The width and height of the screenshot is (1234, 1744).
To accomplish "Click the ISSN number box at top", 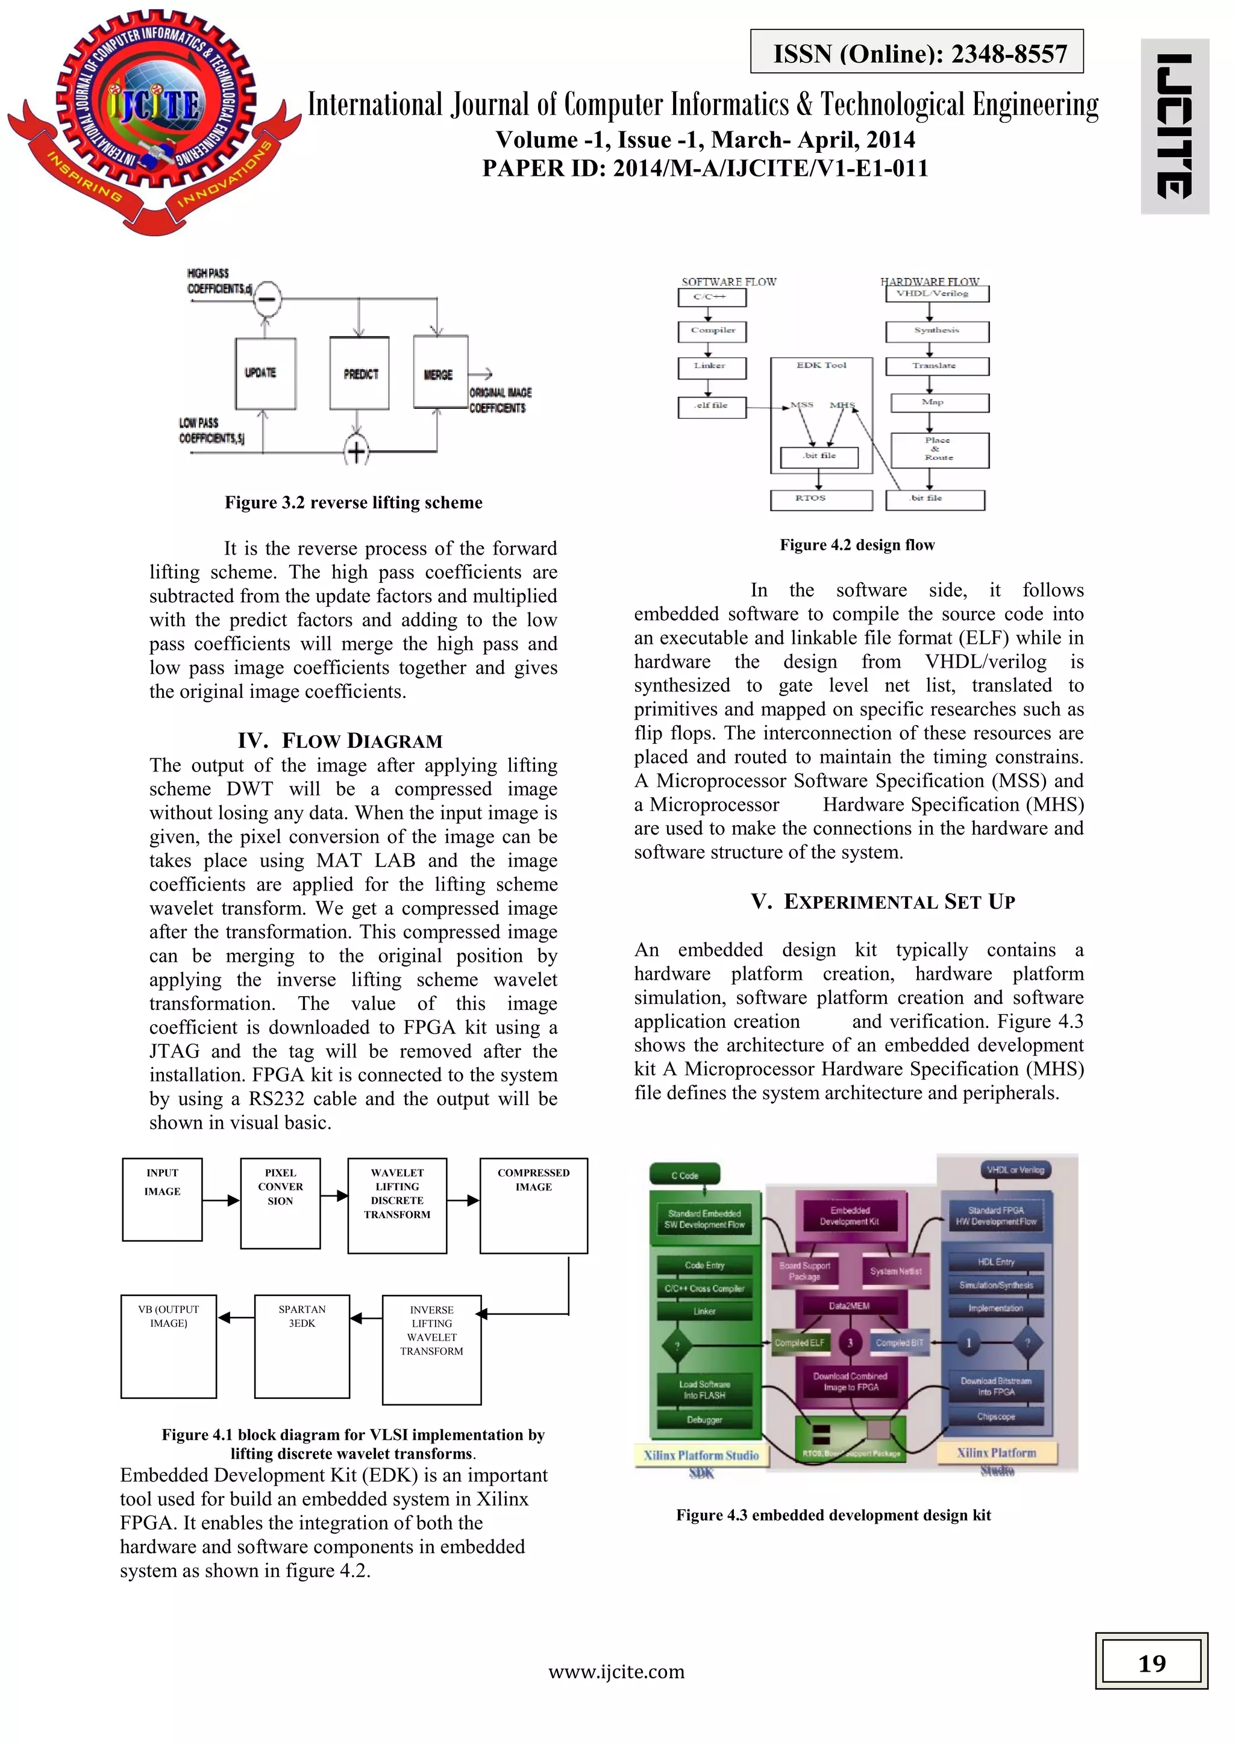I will (x=916, y=52).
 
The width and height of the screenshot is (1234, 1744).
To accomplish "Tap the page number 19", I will (x=1151, y=1663).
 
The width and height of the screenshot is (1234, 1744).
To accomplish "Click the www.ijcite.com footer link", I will (x=616, y=1671).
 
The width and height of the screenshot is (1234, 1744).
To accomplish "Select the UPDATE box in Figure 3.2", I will (x=265, y=373).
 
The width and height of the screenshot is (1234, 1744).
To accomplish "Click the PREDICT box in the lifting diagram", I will (x=359, y=373).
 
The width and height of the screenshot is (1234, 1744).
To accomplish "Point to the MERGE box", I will (x=440, y=372).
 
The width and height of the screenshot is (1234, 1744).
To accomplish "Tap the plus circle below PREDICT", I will (x=356, y=451).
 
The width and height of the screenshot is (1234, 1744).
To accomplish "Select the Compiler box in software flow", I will (x=712, y=331).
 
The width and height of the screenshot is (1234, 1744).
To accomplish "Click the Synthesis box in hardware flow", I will (x=937, y=331).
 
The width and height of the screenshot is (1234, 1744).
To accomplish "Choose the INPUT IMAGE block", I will (x=162, y=1200).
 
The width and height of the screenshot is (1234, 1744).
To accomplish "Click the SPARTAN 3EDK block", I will (x=302, y=1346).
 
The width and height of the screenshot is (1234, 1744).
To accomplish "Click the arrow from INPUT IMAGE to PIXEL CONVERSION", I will (x=221, y=1200).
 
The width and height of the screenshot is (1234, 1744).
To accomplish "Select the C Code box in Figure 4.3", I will (x=684, y=1175).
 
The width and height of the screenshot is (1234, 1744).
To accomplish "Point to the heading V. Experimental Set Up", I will (x=883, y=902).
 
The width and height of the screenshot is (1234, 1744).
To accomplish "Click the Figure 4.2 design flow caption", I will (x=857, y=544).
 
